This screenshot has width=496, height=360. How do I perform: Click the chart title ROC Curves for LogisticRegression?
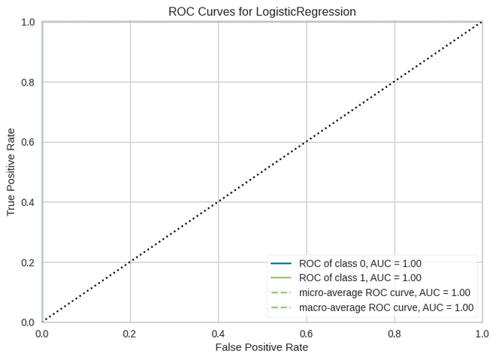tap(262, 11)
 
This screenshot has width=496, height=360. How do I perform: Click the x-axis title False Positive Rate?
tap(262, 347)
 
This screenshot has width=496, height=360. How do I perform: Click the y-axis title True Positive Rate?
tap(11, 172)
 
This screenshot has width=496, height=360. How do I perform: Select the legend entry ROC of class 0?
tap(360, 264)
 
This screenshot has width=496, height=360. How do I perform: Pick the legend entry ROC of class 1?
tap(360, 278)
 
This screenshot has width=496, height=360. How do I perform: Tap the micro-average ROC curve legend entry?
tap(384, 292)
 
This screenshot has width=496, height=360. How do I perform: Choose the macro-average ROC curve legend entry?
tap(386, 307)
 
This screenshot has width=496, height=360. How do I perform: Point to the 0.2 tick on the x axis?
tap(130, 333)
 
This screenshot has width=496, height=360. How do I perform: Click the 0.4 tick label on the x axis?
tap(218, 333)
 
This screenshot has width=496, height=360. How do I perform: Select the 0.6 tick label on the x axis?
tap(306, 333)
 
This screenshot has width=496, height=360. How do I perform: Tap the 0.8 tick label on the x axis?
tap(394, 333)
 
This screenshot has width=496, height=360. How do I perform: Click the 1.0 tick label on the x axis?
tap(482, 333)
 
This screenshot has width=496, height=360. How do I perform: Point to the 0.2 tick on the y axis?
tap(28, 262)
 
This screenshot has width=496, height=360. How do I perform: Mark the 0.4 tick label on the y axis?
tap(28, 202)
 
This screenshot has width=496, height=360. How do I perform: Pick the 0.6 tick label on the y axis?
tap(28, 142)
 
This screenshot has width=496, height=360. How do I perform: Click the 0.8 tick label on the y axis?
tap(28, 82)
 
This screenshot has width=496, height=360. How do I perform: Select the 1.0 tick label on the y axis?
tap(28, 22)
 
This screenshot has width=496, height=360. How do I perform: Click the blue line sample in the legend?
tap(281, 264)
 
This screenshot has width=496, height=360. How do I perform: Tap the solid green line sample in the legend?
tap(281, 278)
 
